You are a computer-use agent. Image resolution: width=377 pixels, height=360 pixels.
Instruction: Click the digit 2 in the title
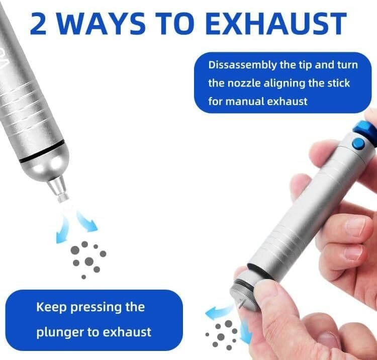(38, 23)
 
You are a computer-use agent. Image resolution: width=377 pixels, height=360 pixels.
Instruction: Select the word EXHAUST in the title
(276, 23)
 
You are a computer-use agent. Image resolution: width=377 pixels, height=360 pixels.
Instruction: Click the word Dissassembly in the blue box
(242, 65)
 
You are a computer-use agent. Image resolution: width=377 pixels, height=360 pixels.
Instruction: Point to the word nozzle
(244, 83)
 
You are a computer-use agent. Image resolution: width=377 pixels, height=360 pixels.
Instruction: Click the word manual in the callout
(245, 101)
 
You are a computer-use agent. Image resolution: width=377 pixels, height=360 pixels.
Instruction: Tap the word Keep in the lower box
(51, 308)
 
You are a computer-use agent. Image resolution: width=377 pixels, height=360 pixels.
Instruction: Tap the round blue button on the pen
(358, 144)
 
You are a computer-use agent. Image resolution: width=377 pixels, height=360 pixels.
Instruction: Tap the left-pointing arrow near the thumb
(219, 312)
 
